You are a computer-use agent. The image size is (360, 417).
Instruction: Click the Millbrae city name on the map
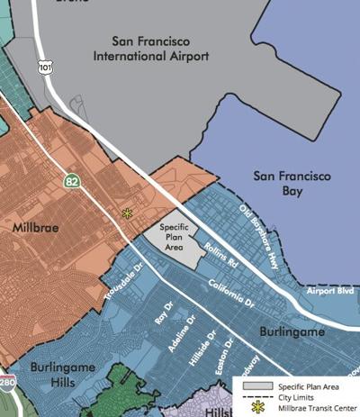pyautogui.click(x=37, y=229)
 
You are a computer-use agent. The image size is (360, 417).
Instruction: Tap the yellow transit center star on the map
pyautogui.click(x=127, y=213)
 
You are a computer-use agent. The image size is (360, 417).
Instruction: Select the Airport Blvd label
pyautogui.click(x=326, y=291)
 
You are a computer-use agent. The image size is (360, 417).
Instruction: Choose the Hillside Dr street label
pyautogui.click(x=205, y=347)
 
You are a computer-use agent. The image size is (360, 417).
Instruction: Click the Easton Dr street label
pyautogui.click(x=228, y=353)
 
